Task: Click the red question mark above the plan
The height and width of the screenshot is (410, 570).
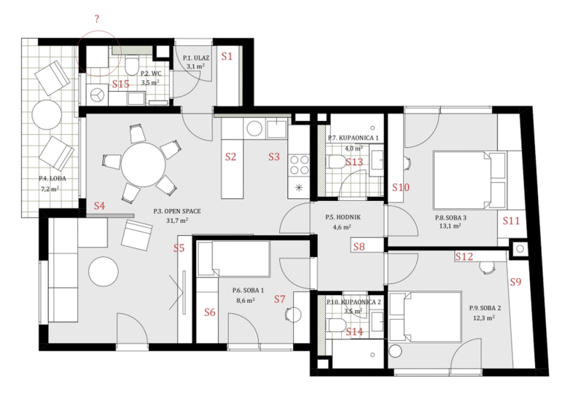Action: pos(97,19)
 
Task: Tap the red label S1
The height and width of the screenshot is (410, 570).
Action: pos(227,56)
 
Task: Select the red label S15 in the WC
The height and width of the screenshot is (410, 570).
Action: pos(121,84)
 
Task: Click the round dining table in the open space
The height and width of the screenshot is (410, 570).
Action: pos(143,165)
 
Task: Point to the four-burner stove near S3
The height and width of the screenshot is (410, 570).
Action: pos(299,165)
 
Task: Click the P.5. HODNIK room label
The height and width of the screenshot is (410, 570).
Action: pos(343,217)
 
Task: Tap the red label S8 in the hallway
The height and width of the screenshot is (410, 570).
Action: pos(359,247)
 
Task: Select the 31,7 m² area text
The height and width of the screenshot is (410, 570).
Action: pos(177,221)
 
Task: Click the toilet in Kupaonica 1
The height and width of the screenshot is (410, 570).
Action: pos(337,162)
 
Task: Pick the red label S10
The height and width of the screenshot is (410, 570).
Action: pos(401,187)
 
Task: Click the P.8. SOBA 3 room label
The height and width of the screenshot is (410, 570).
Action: pos(450,218)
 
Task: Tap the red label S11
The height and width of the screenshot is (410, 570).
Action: pos(511,221)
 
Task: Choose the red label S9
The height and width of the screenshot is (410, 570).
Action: pos(515,282)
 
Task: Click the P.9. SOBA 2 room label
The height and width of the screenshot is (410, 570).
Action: pos(485,308)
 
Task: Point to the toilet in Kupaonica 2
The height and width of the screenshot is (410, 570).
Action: pos(337,325)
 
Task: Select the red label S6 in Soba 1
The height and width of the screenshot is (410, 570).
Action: pos(210,312)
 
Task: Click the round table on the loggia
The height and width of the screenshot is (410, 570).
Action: pos(47,114)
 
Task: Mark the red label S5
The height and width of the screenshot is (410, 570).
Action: pos(179,248)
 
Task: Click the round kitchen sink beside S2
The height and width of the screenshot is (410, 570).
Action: pos(254,129)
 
